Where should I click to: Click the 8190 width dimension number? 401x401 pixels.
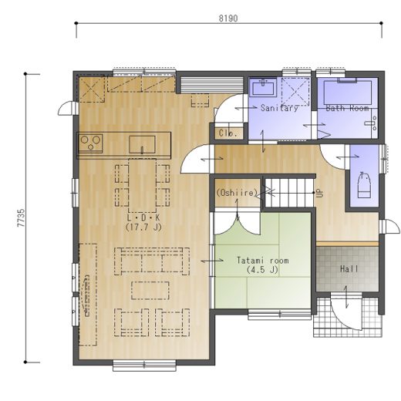pyautogui.click(x=228, y=19)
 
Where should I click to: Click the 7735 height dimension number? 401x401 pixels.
pyautogui.click(x=21, y=217)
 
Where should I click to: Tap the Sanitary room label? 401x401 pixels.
pyautogui.click(x=279, y=108)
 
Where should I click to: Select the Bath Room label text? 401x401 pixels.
pyautogui.click(x=347, y=108)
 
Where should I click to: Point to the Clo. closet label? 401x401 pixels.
pyautogui.click(x=227, y=133)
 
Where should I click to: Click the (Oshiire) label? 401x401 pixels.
pyautogui.click(x=237, y=193)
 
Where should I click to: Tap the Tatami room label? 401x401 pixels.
pyautogui.click(x=262, y=261)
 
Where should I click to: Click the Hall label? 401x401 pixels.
pyautogui.click(x=349, y=269)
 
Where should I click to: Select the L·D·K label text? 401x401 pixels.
pyautogui.click(x=143, y=218)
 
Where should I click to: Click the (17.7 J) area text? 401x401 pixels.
pyautogui.click(x=143, y=227)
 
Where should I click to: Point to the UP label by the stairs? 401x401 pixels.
pyautogui.click(x=319, y=193)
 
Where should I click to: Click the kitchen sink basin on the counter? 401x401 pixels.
pyautogui.click(x=142, y=145)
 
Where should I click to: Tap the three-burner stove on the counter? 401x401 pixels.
pyautogui.click(x=90, y=143)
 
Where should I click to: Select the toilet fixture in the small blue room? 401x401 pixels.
pyautogui.click(x=364, y=185)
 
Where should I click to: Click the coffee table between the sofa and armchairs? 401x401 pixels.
pyautogui.click(x=150, y=291)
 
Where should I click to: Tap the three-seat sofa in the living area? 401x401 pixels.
pyautogui.click(x=152, y=261)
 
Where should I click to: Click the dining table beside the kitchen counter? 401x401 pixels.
pyautogui.click(x=142, y=186)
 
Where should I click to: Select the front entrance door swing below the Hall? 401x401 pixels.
pyautogui.click(x=345, y=312)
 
